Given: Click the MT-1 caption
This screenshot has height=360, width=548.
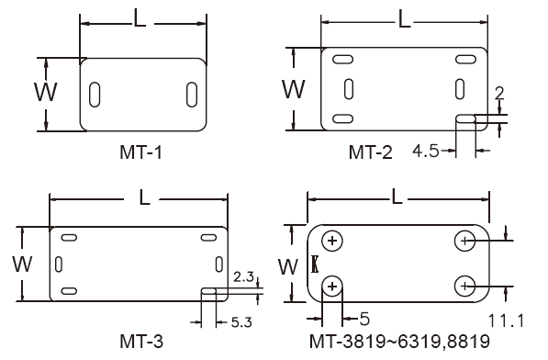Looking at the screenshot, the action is click(140, 152).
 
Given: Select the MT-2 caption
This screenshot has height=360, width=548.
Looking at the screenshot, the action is click(371, 152).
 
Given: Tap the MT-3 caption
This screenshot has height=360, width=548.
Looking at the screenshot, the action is click(141, 341).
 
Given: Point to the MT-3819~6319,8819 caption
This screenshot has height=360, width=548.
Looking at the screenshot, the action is click(399, 341).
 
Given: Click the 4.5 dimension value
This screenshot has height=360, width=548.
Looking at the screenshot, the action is click(426, 151).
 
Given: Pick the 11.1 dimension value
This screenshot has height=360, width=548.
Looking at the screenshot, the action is click(506, 321).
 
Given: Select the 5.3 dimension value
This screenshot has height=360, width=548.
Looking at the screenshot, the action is click(241, 322).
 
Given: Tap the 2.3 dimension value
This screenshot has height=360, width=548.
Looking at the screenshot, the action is click(243, 276).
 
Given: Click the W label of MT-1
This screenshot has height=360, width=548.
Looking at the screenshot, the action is click(46, 92).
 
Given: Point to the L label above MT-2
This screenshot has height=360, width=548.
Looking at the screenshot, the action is click(405, 19).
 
